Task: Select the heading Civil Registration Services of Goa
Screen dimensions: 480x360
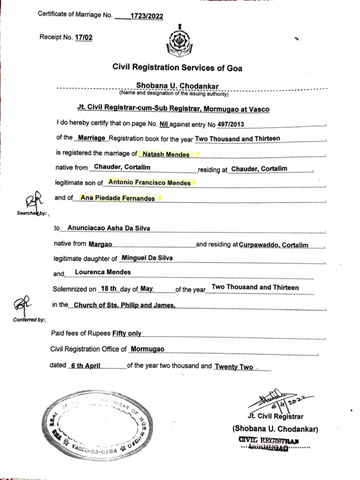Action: coord(177,68)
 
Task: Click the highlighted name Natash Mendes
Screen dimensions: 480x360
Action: coord(159,154)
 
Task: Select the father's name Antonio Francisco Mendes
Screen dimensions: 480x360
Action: coord(150,183)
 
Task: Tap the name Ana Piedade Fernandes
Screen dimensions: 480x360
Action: coord(118,198)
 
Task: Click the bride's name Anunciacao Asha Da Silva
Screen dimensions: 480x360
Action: coord(108,228)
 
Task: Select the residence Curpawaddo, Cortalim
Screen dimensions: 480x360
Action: coord(274,245)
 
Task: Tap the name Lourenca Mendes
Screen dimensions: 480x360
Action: coord(103,272)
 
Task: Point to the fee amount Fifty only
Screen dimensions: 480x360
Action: coord(127,334)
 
